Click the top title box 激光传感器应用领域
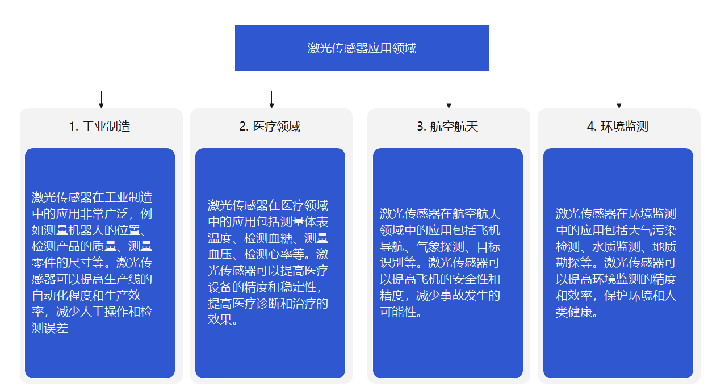pos(362,48)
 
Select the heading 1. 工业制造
pos(99,127)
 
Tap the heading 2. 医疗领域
pos(270,127)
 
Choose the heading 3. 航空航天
pos(447,127)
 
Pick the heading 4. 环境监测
pos(618,127)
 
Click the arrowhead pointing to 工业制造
pos(101,106)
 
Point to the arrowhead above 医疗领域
pos(271,106)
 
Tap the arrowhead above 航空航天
pos(449,106)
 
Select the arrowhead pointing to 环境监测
pos(619,106)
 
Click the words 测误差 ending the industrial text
pos(50,328)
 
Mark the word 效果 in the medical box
pos(220,319)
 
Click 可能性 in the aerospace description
pos(398,312)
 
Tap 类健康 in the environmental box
pos(573,312)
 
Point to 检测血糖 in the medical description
pos(268,238)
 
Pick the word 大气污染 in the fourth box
pos(652,230)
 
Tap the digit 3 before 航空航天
pos(420,127)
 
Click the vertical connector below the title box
pos(362,81)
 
